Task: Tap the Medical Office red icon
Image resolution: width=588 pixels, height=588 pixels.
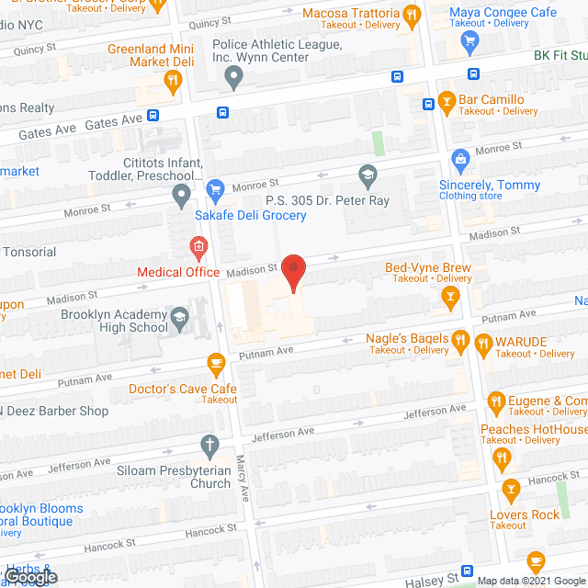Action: (x=197, y=246)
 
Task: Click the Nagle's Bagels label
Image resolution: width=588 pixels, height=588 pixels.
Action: (x=407, y=338)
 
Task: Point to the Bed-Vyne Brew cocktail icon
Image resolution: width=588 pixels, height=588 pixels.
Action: (x=450, y=296)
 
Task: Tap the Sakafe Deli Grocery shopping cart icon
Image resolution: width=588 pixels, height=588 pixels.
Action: (x=215, y=192)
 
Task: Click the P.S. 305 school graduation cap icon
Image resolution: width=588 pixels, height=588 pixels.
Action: (x=367, y=174)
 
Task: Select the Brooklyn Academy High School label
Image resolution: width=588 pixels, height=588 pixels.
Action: (x=115, y=321)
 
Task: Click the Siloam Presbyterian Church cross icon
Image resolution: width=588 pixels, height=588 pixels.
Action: (x=209, y=446)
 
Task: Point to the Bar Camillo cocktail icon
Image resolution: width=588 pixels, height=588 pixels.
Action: (x=447, y=100)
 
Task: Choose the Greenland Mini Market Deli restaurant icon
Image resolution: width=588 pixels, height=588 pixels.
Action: (x=172, y=81)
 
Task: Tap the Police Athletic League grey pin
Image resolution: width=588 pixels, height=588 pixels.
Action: (x=233, y=80)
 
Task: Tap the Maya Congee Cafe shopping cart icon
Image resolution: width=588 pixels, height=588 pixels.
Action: (x=471, y=39)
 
